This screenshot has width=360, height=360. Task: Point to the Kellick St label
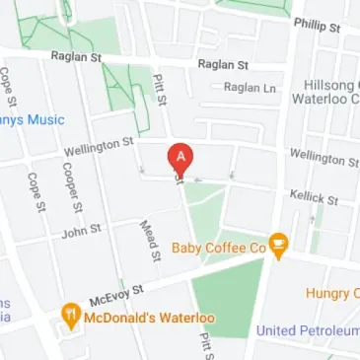[x=314, y=197]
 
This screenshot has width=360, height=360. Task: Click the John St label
[x=82, y=233]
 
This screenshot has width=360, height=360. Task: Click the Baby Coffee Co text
[x=219, y=247]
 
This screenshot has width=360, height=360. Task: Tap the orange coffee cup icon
[x=279, y=246]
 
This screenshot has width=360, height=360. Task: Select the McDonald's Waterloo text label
[x=146, y=318]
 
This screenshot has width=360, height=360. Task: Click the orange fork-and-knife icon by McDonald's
[x=71, y=316]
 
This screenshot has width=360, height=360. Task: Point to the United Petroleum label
[x=307, y=330]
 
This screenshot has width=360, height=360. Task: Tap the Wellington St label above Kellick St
[x=323, y=158]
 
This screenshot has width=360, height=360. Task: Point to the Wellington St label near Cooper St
[x=99, y=148]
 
